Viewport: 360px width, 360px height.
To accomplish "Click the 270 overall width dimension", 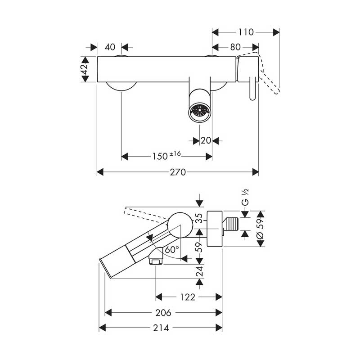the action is click(x=178, y=172).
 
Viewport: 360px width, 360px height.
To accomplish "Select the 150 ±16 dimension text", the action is click(x=166, y=156).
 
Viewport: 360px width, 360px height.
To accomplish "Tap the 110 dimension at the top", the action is click(x=246, y=32).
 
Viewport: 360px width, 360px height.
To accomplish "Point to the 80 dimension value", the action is click(x=235, y=47).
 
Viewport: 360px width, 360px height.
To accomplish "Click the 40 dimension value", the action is click(x=110, y=47).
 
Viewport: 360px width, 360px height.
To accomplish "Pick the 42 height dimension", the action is click(x=85, y=69).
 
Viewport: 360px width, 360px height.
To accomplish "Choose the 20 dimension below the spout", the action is click(x=206, y=140).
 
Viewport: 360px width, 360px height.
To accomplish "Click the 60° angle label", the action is click(x=172, y=249).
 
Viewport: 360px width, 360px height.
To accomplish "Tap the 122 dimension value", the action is click(x=188, y=297).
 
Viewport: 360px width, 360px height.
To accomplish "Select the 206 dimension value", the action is click(x=163, y=313).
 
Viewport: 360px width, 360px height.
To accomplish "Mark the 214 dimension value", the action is click(x=161, y=328).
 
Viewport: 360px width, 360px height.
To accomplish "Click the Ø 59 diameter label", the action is click(x=261, y=229).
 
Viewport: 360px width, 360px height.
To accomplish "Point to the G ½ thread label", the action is click(x=245, y=197).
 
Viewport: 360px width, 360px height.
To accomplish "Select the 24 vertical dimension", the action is click(x=199, y=271).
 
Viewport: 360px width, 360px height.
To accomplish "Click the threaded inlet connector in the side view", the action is click(x=231, y=224).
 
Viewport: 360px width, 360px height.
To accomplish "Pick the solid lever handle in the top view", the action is click(x=252, y=88).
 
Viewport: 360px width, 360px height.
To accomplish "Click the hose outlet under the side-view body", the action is click(x=156, y=256).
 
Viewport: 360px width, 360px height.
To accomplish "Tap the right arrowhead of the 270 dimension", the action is click(x=255, y=172).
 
